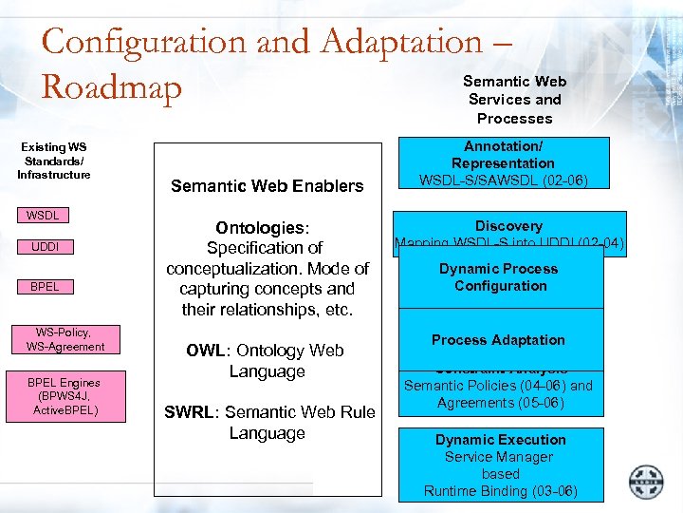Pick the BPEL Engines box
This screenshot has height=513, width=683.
click(x=64, y=395)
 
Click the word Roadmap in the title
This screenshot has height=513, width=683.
click(x=112, y=87)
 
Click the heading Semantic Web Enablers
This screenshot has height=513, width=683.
click(x=267, y=186)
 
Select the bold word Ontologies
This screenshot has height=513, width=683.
click(x=261, y=228)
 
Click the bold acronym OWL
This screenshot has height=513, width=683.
click(x=205, y=351)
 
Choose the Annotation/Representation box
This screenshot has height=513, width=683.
click(x=503, y=163)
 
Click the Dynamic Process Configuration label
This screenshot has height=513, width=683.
click(x=499, y=277)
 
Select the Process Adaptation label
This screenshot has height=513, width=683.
click(x=498, y=340)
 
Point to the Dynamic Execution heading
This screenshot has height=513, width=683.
click(x=500, y=440)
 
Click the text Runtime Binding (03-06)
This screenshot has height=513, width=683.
click(x=500, y=491)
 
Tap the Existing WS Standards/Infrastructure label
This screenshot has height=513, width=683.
click(x=54, y=161)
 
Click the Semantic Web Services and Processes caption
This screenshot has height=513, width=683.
click(x=514, y=100)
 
